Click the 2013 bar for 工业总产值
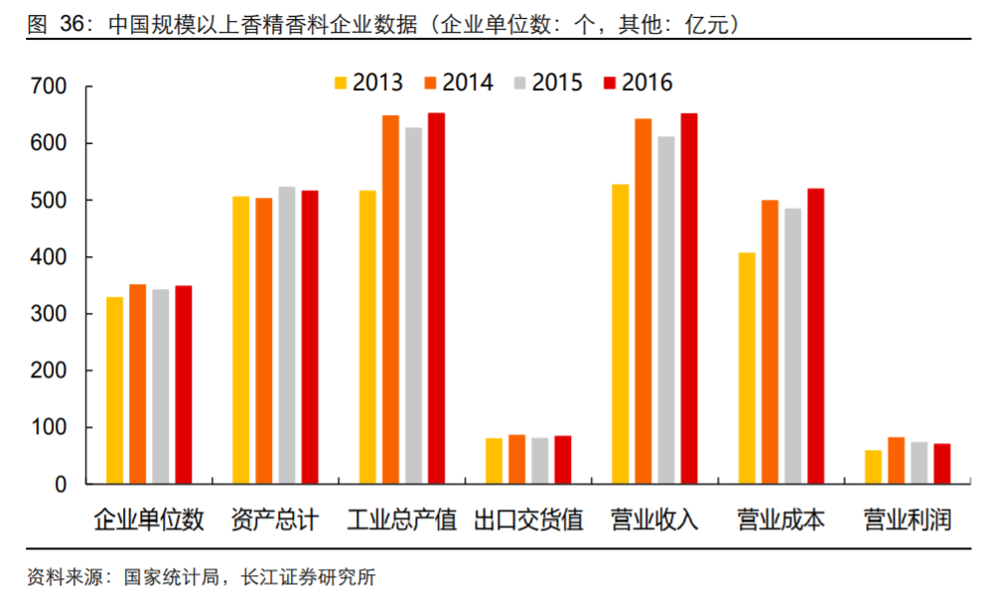367,338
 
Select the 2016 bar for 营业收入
689,299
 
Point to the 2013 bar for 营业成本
747,369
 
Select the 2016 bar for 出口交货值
562,460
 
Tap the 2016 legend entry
637,81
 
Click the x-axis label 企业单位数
149,520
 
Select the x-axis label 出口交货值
528,520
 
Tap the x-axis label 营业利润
907,520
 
